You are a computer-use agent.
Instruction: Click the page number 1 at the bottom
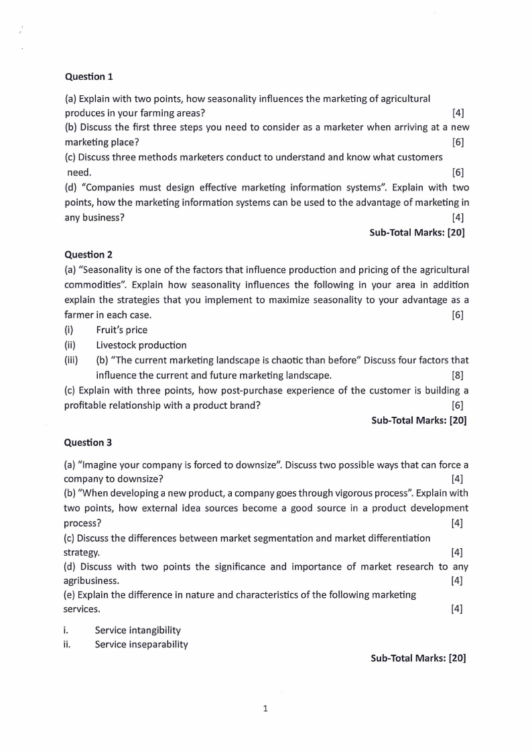pyautogui.click(x=266, y=707)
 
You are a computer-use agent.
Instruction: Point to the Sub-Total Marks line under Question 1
pyautogui.click(x=417, y=233)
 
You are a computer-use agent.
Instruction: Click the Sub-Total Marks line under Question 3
pyautogui.click(x=418, y=658)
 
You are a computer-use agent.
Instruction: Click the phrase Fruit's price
pyautogui.click(x=121, y=330)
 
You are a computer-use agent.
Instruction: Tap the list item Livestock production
pyautogui.click(x=141, y=345)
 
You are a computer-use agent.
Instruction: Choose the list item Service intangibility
pyautogui.click(x=137, y=630)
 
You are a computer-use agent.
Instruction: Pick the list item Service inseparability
pyautogui.click(x=141, y=644)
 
